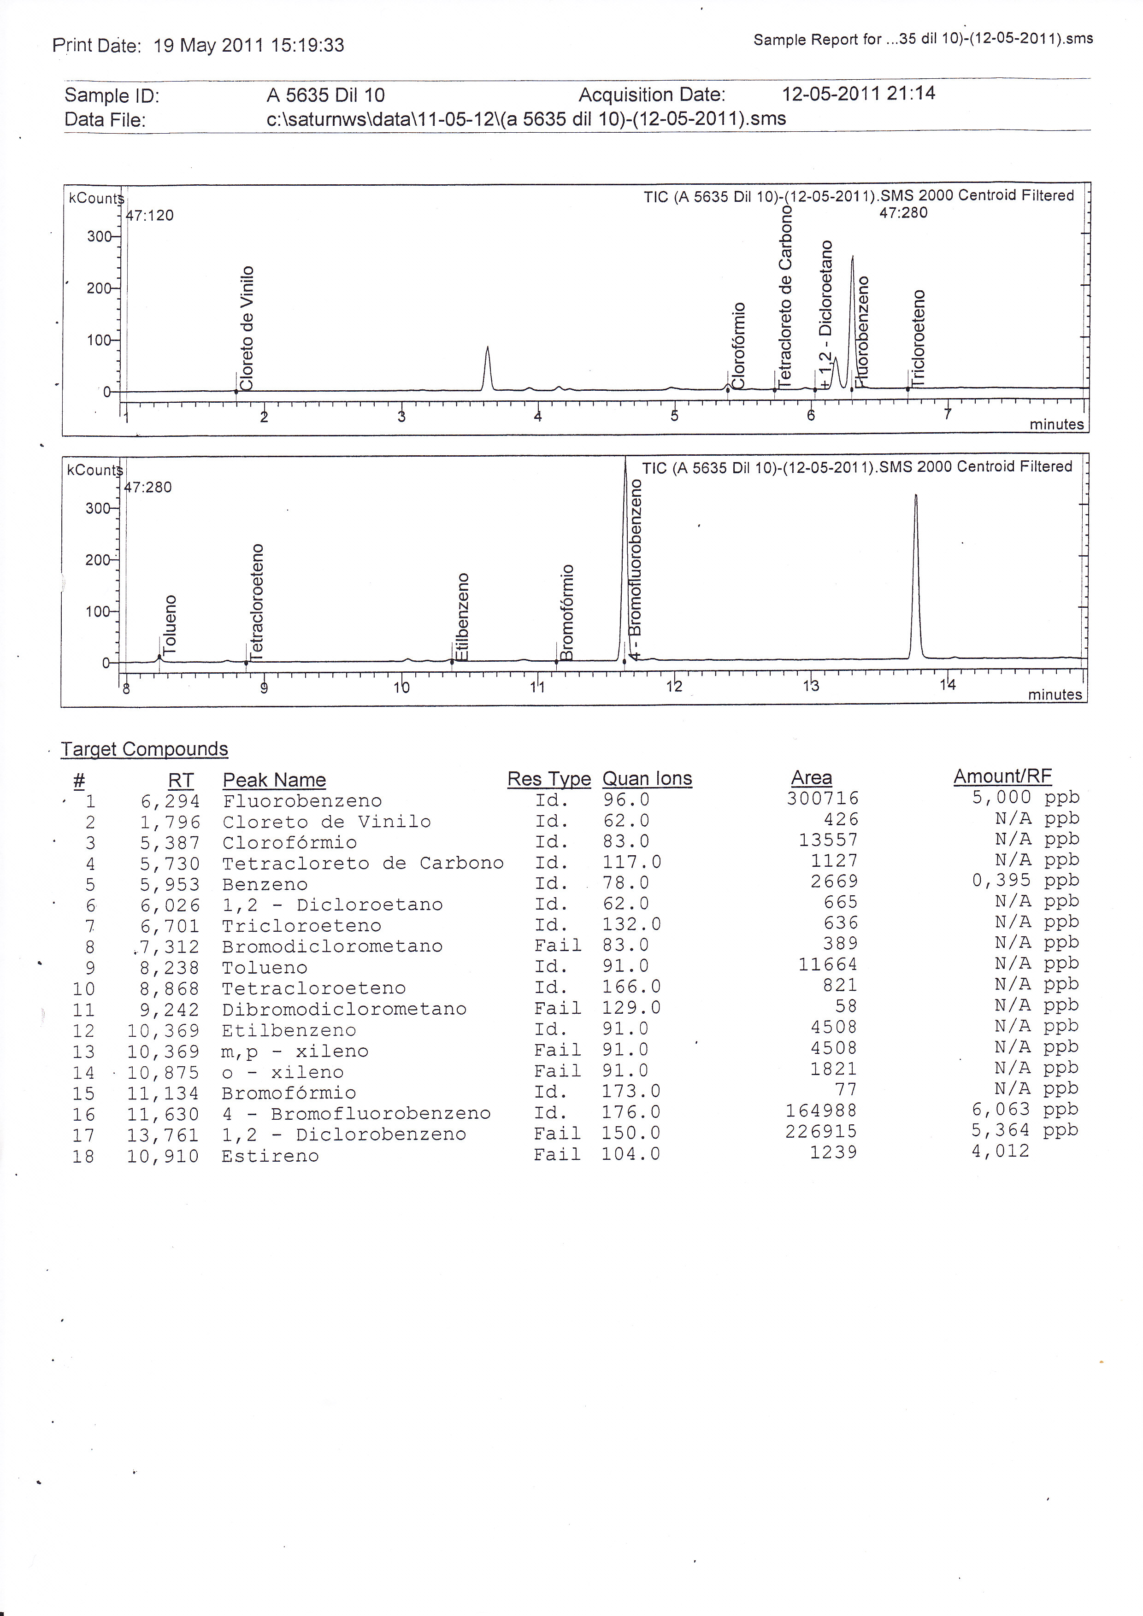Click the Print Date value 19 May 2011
point(209,46)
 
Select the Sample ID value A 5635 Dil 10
point(325,95)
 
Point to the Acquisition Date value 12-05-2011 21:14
point(858,93)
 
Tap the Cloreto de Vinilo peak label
point(246,328)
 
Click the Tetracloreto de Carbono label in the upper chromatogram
point(785,296)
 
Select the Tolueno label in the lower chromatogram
point(170,624)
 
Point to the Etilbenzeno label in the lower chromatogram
point(462,617)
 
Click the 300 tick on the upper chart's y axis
point(99,236)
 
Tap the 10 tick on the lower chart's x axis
point(401,687)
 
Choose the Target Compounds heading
point(144,749)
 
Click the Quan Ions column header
point(647,778)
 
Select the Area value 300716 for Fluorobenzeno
point(823,798)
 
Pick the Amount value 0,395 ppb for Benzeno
point(1025,881)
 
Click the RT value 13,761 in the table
point(163,1134)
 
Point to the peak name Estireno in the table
point(270,1156)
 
